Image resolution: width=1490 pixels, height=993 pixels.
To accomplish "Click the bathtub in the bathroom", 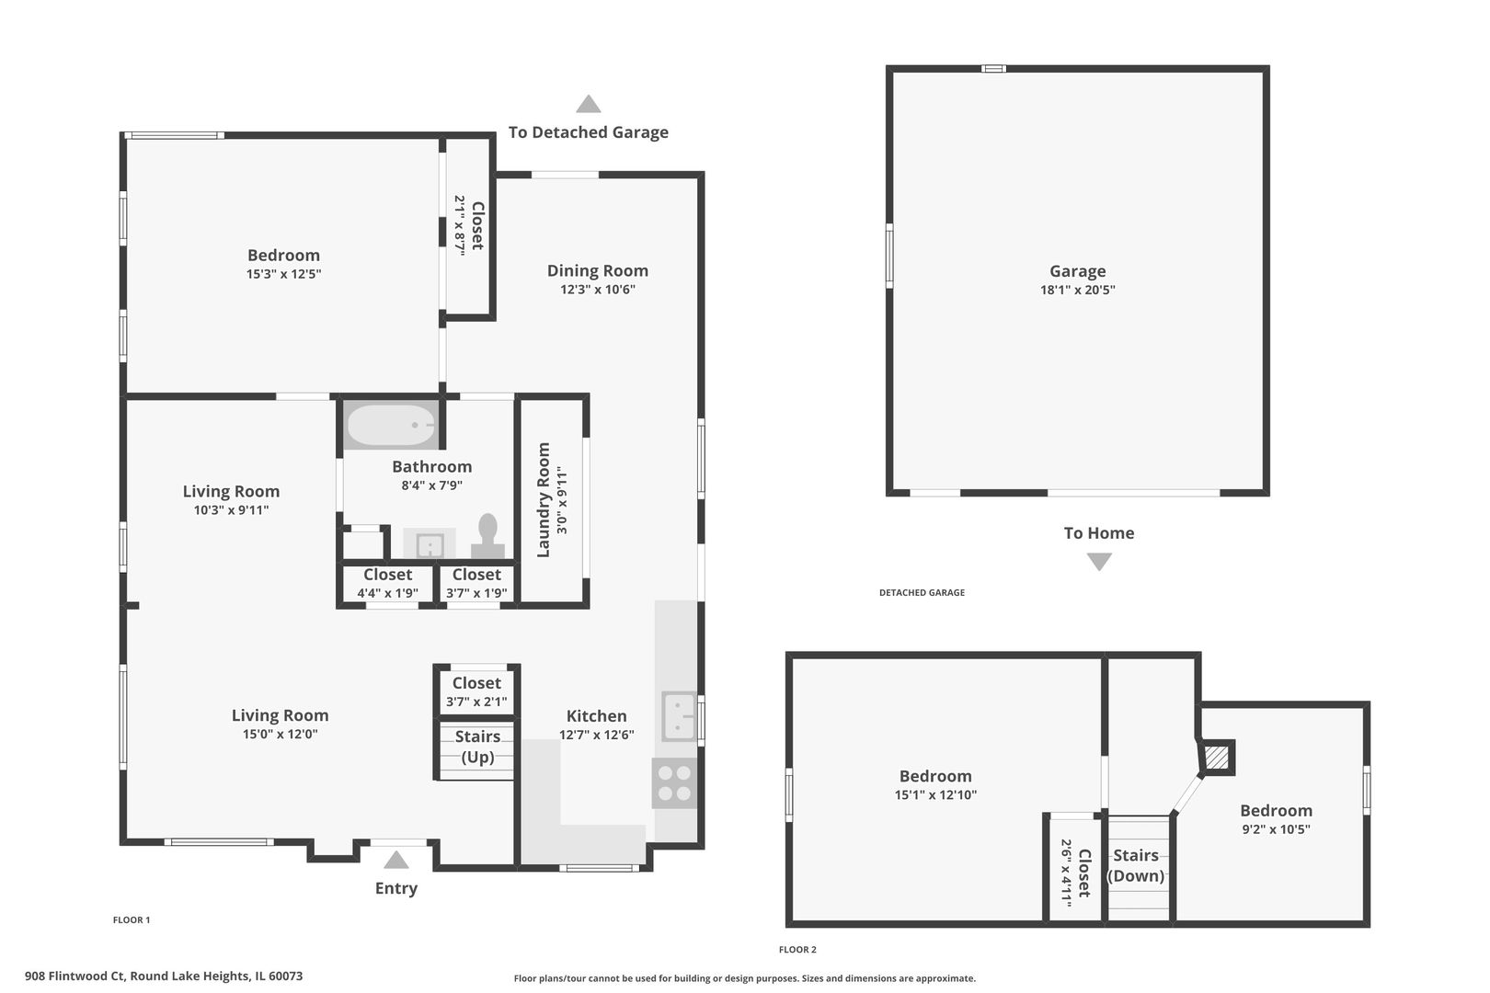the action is [x=391, y=425].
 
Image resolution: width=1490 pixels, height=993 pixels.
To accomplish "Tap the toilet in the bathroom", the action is [x=487, y=536].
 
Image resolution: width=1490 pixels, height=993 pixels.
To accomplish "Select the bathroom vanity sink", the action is [x=430, y=545].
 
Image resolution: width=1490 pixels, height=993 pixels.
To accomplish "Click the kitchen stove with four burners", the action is [x=674, y=783].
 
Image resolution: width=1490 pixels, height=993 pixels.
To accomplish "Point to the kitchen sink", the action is [x=679, y=716].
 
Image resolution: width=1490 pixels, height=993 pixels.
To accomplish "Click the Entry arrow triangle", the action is [x=395, y=860].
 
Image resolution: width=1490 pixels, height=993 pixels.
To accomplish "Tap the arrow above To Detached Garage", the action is [x=588, y=104].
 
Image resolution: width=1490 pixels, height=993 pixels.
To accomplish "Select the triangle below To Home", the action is [x=1099, y=562].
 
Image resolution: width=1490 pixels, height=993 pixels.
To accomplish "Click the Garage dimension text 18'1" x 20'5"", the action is [x=1078, y=290].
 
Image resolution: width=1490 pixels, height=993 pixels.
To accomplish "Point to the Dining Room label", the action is [x=597, y=270].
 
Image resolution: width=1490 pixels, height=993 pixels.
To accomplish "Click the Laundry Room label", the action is [x=544, y=499].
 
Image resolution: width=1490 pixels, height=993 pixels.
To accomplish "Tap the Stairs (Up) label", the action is [x=477, y=747].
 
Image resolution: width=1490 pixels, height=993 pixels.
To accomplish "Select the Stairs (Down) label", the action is [x=1136, y=865].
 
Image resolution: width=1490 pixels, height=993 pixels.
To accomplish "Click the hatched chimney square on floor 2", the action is [x=1217, y=758].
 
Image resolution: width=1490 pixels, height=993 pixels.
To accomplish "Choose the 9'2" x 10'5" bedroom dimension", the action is [x=1276, y=829].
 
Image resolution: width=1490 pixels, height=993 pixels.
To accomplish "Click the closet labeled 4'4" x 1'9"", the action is [x=387, y=583].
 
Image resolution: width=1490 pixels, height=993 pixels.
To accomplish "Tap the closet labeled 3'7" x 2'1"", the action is [x=476, y=691].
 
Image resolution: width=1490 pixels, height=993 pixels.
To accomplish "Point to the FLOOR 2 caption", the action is [x=797, y=950].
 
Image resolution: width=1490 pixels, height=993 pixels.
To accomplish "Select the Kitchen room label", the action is [x=596, y=716].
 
